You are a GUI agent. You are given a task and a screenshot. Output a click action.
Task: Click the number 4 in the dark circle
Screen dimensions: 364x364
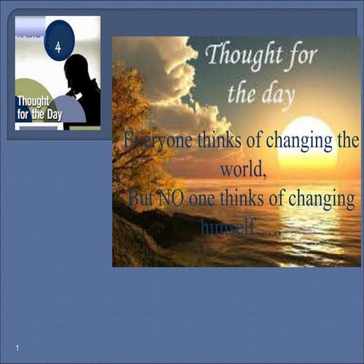(x=58, y=47)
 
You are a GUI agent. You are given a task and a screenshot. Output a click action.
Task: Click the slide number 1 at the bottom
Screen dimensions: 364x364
(x=17, y=347)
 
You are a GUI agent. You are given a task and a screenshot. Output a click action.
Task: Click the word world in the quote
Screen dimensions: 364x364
(x=242, y=169)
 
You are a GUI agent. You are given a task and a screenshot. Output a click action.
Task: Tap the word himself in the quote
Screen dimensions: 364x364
(x=228, y=226)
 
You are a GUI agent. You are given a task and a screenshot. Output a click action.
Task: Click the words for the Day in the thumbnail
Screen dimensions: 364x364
(x=39, y=115)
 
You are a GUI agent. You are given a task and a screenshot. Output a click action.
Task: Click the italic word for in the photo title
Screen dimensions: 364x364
(x=303, y=55)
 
